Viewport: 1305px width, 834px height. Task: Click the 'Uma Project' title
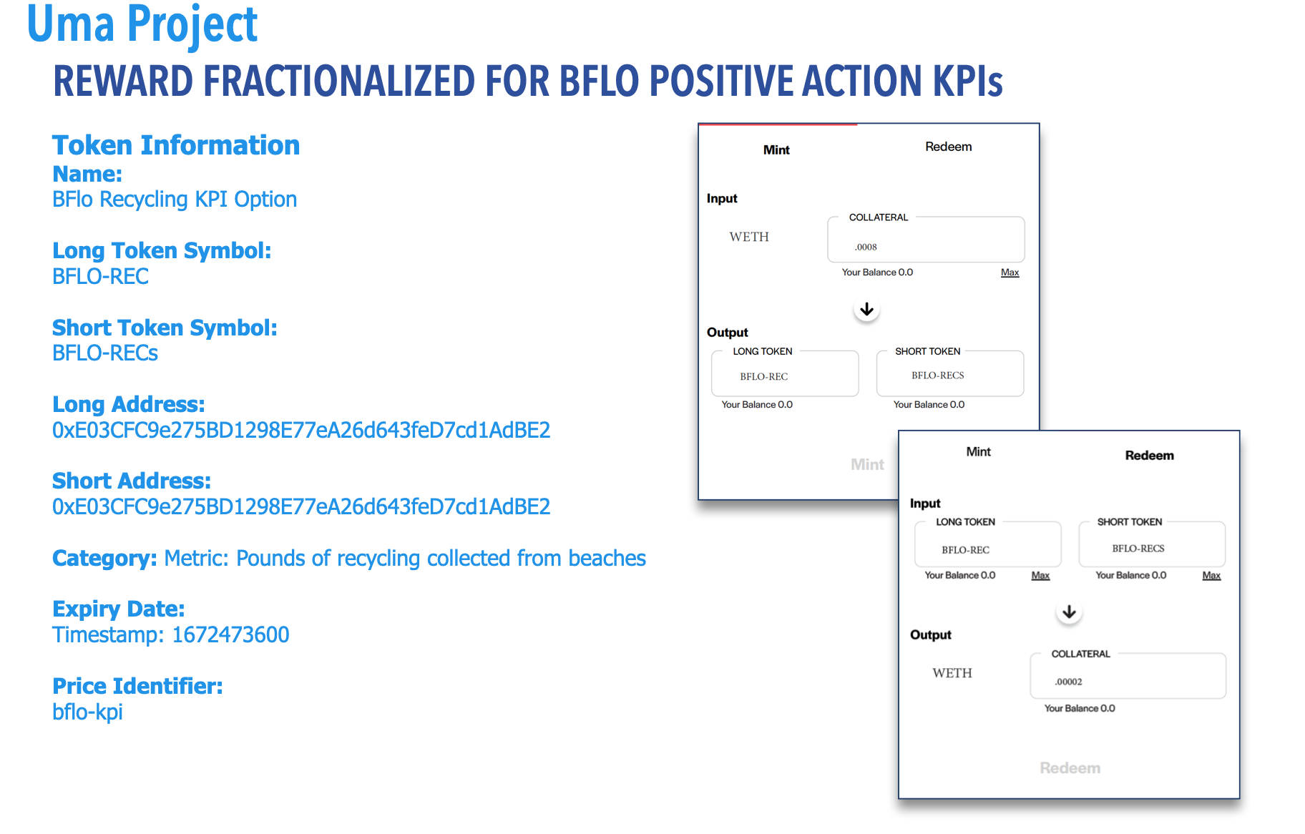[x=142, y=24]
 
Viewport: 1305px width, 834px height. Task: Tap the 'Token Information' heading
[x=176, y=145]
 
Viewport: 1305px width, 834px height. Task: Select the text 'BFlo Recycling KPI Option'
[x=175, y=200]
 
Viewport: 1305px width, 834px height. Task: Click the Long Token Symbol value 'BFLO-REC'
[x=100, y=276]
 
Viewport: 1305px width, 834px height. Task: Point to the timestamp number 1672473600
[x=230, y=634]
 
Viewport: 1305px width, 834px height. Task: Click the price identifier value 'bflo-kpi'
[x=87, y=712]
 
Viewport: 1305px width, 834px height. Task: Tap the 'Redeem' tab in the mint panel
[x=948, y=147]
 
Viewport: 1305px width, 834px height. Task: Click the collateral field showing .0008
[x=926, y=240]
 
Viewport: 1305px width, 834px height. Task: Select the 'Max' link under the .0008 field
[x=1010, y=273]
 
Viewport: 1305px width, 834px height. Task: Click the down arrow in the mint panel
[x=866, y=309]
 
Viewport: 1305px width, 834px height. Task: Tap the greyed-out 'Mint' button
[x=867, y=465]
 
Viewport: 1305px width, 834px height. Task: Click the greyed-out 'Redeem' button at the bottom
[x=1070, y=768]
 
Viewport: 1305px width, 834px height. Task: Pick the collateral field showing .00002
[x=1128, y=676]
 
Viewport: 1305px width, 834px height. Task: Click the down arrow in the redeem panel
[x=1069, y=612]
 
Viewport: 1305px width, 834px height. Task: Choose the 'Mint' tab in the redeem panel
[x=978, y=452]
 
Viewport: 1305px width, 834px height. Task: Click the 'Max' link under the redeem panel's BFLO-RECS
[x=1211, y=576]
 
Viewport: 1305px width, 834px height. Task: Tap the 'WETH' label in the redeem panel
[x=952, y=673]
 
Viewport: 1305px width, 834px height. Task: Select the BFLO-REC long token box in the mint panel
[x=785, y=373]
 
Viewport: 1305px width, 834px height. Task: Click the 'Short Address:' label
[x=132, y=481]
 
